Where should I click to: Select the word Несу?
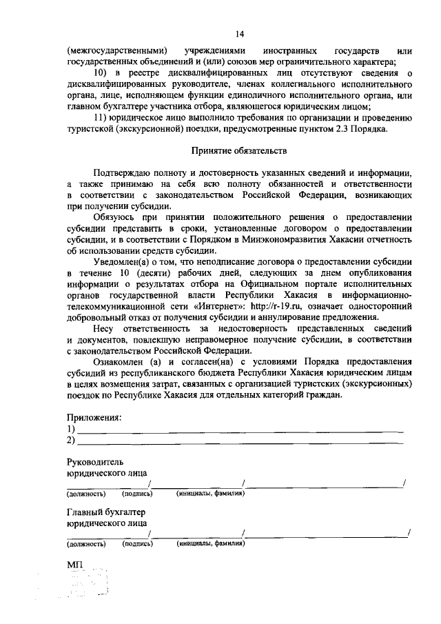[103, 328]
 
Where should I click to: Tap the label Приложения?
[94, 417]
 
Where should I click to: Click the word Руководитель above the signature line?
[96, 461]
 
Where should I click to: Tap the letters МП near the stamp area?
[74, 565]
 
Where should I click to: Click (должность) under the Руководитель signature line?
[85, 494]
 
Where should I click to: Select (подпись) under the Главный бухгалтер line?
[136, 544]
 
